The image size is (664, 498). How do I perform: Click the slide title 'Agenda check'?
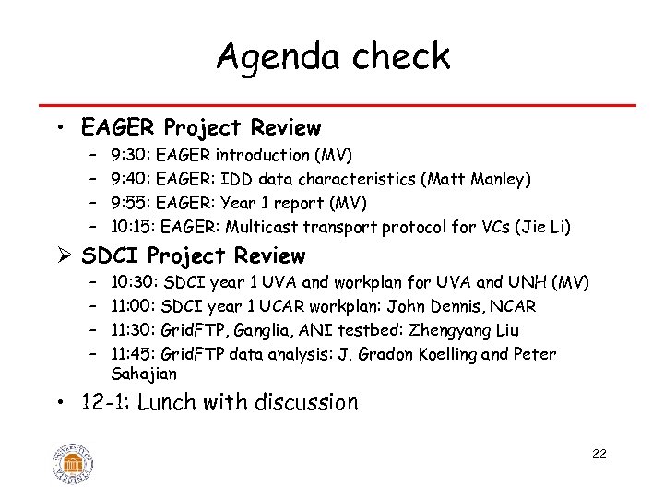tap(332, 56)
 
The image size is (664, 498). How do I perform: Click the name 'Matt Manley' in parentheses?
tap(476, 179)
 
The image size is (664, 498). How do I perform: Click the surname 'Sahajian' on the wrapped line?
tap(143, 373)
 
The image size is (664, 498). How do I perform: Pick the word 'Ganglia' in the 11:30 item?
tap(267, 330)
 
